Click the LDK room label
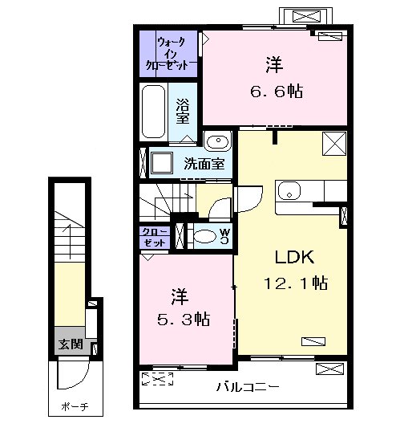coord(294,257)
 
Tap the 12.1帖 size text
coord(296,283)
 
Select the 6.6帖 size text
coord(277,91)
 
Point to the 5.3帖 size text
coord(184,319)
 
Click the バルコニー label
coord(248,387)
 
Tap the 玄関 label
coord(71,344)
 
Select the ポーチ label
coord(75,407)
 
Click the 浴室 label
coord(183,112)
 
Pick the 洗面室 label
coord(204,164)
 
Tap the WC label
coord(224,236)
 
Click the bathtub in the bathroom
coord(153,112)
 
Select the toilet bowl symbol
coord(204,237)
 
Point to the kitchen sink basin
coord(289,190)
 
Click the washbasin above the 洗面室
coord(218,141)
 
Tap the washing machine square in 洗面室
coord(161,162)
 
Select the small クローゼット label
coord(155,237)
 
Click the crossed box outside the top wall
coord(306,16)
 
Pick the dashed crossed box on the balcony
coord(157,378)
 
